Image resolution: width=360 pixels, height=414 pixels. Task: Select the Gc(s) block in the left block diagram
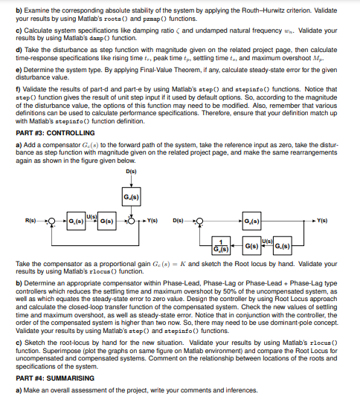pyautogui.click(x=77, y=221)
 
